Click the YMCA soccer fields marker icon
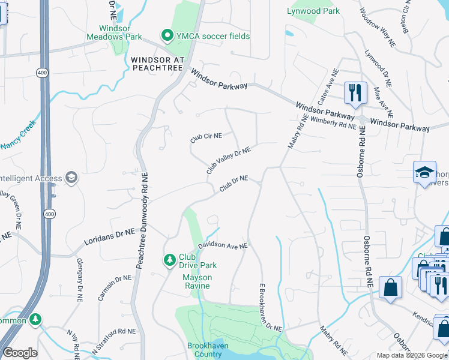[x=166, y=36]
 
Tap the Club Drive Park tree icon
[x=170, y=259]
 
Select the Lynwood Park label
[x=313, y=11]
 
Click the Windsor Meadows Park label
[x=121, y=32]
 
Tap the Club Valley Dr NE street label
[x=228, y=160]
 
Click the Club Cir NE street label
[x=206, y=136]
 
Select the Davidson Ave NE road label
[x=223, y=246]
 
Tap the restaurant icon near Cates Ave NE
[x=355, y=92]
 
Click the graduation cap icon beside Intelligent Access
[x=71, y=178]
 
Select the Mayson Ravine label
[x=196, y=281]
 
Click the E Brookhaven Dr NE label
[x=270, y=307]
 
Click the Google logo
[x=20, y=353]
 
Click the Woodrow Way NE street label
[x=378, y=28]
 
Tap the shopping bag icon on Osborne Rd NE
[x=391, y=287]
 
